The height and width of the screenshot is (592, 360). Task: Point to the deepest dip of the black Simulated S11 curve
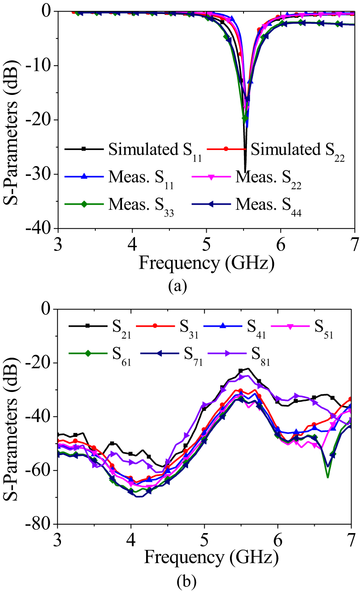[x=245, y=171]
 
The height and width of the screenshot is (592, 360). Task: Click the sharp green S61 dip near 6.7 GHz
[x=327, y=477]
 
